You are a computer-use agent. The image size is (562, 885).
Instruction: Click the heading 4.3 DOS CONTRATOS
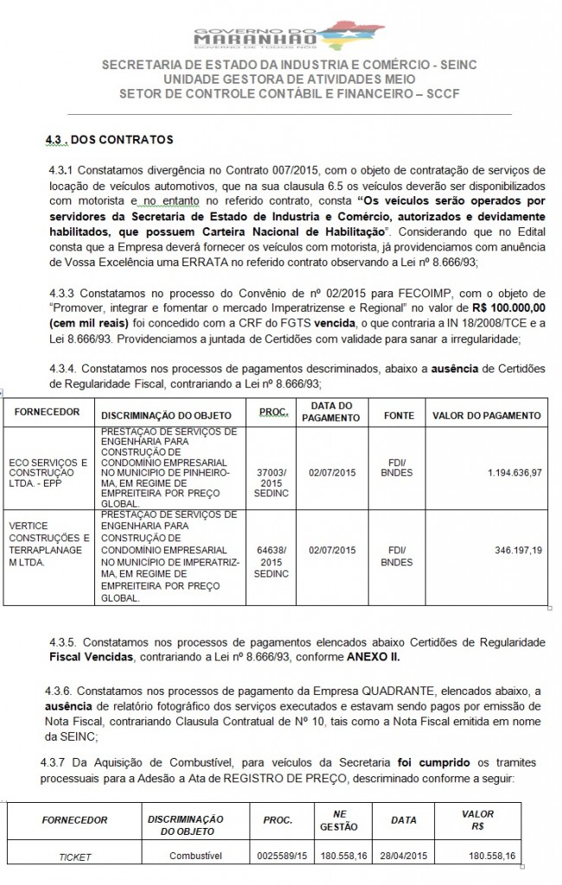[110, 139]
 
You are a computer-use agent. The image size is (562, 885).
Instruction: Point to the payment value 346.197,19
[513, 549]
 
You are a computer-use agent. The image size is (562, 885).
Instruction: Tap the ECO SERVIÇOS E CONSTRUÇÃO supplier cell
[48, 472]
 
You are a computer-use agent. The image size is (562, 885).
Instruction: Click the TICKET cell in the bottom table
[76, 856]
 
